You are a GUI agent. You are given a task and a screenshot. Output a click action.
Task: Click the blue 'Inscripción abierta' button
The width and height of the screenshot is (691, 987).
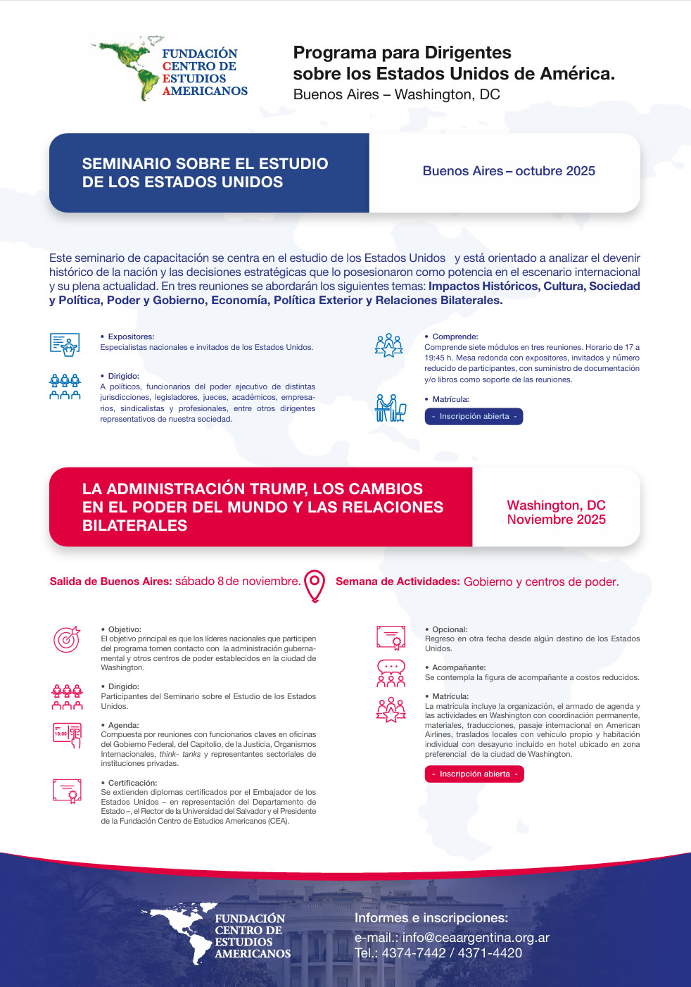click(474, 416)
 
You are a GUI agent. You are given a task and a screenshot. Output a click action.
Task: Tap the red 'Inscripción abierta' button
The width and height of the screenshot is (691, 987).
click(474, 774)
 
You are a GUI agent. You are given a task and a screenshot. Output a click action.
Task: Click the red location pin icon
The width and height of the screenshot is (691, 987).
click(315, 585)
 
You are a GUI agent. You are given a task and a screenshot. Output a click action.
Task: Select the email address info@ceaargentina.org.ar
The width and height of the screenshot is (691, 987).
click(476, 937)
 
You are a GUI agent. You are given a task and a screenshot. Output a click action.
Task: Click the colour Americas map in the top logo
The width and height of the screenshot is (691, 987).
click(129, 67)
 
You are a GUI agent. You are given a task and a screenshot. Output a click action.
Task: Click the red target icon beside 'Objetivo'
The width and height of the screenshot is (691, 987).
click(67, 639)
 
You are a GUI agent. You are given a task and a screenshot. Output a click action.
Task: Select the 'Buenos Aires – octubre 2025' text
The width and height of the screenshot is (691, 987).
click(509, 171)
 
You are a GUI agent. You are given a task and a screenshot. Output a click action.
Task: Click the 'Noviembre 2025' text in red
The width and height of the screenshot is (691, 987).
click(556, 520)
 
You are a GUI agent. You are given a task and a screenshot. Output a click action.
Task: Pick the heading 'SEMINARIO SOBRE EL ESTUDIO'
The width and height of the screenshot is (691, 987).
click(205, 163)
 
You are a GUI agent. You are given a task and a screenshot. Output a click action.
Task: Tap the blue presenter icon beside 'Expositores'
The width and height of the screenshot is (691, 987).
click(65, 344)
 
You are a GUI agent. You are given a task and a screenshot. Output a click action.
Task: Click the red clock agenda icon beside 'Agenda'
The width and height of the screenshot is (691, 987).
click(67, 734)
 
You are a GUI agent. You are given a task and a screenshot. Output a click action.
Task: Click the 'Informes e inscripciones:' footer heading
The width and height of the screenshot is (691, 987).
click(431, 918)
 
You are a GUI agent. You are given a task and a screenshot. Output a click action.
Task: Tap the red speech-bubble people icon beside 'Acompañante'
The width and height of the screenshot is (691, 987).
click(391, 673)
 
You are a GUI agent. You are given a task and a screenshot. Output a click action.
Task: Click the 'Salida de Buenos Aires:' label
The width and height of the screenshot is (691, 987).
click(110, 581)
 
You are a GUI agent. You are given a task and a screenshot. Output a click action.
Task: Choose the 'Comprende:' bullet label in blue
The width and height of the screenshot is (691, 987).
click(455, 337)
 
